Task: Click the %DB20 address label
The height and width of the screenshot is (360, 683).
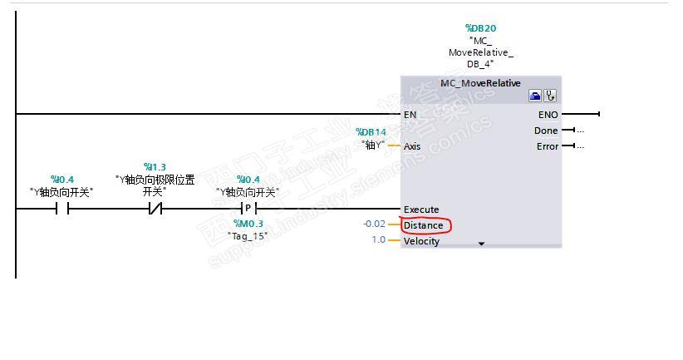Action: point(480,28)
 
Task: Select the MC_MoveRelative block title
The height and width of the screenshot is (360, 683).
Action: point(480,83)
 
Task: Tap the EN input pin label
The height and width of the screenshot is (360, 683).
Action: point(410,114)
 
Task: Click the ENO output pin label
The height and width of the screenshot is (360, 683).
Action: point(548,114)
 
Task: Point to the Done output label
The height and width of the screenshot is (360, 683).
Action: point(546,131)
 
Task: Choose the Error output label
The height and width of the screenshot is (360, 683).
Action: point(547,146)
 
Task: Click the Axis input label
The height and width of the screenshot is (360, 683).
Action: point(412,146)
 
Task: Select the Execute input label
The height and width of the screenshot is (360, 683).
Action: point(421,210)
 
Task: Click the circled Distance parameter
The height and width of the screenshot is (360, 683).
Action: point(424,225)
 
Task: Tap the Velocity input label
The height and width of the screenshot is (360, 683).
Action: point(421,241)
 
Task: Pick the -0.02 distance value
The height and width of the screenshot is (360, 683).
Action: point(374,224)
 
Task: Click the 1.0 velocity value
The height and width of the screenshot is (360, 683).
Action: point(378,240)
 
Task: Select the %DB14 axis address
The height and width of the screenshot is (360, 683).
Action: point(371,132)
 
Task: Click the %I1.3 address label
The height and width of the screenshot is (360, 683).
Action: point(155,167)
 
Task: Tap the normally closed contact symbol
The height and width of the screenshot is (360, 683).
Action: point(155,209)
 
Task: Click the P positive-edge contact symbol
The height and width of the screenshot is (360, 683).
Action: point(247,209)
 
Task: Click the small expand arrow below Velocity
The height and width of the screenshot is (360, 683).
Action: point(480,244)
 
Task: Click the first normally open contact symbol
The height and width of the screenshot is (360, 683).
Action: point(61,209)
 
